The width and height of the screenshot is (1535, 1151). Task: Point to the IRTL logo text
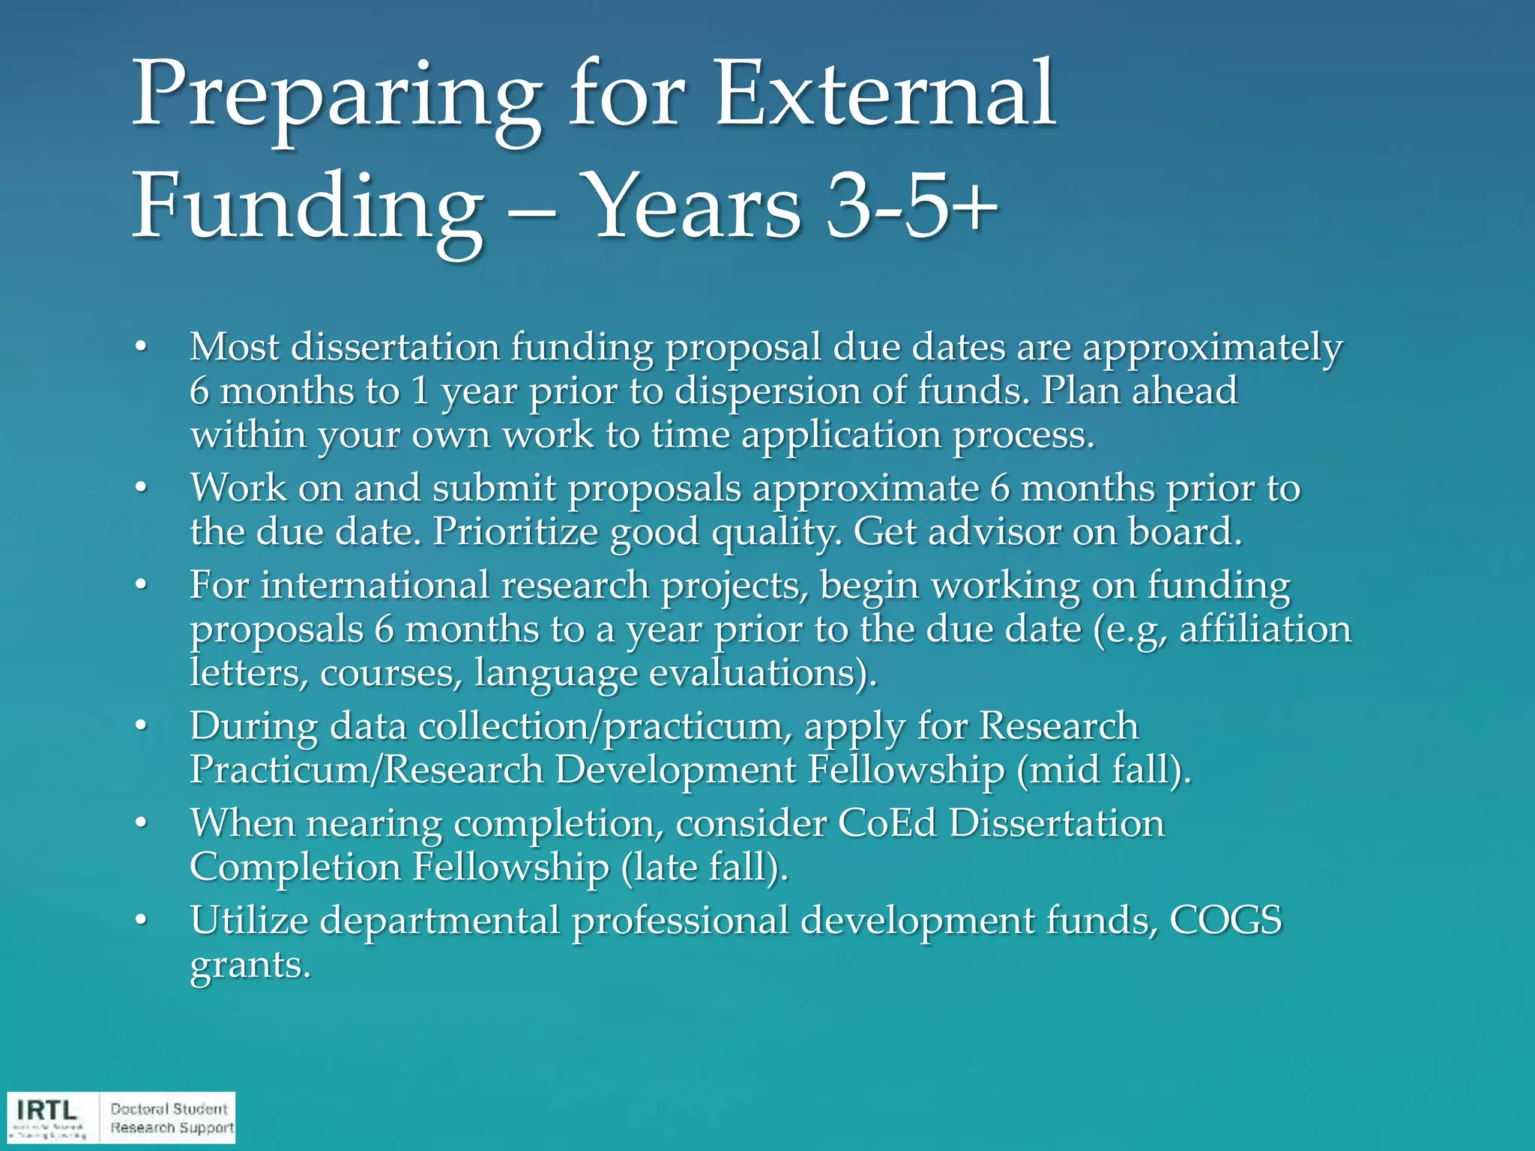[x=46, y=1110]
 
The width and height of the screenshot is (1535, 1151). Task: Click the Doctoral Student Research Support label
[x=171, y=1118]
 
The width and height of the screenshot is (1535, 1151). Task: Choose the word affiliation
[x=1265, y=629]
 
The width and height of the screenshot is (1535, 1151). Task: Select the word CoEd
[x=887, y=824]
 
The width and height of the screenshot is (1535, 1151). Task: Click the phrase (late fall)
[x=705, y=868]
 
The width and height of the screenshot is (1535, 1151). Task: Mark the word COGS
[x=1225, y=920]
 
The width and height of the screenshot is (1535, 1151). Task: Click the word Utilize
[x=249, y=920]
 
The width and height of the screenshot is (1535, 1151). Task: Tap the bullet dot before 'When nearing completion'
[x=140, y=824]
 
